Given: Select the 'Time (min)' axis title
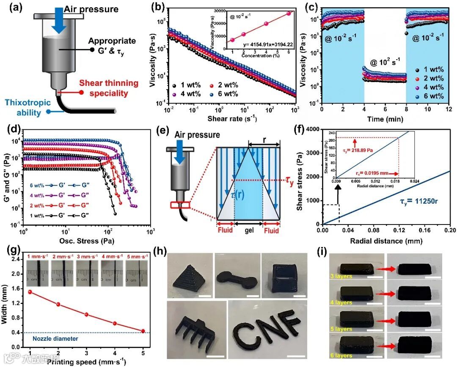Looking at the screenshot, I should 385,120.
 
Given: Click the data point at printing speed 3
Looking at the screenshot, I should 86,314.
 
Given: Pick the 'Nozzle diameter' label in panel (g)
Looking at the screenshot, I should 56,338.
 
